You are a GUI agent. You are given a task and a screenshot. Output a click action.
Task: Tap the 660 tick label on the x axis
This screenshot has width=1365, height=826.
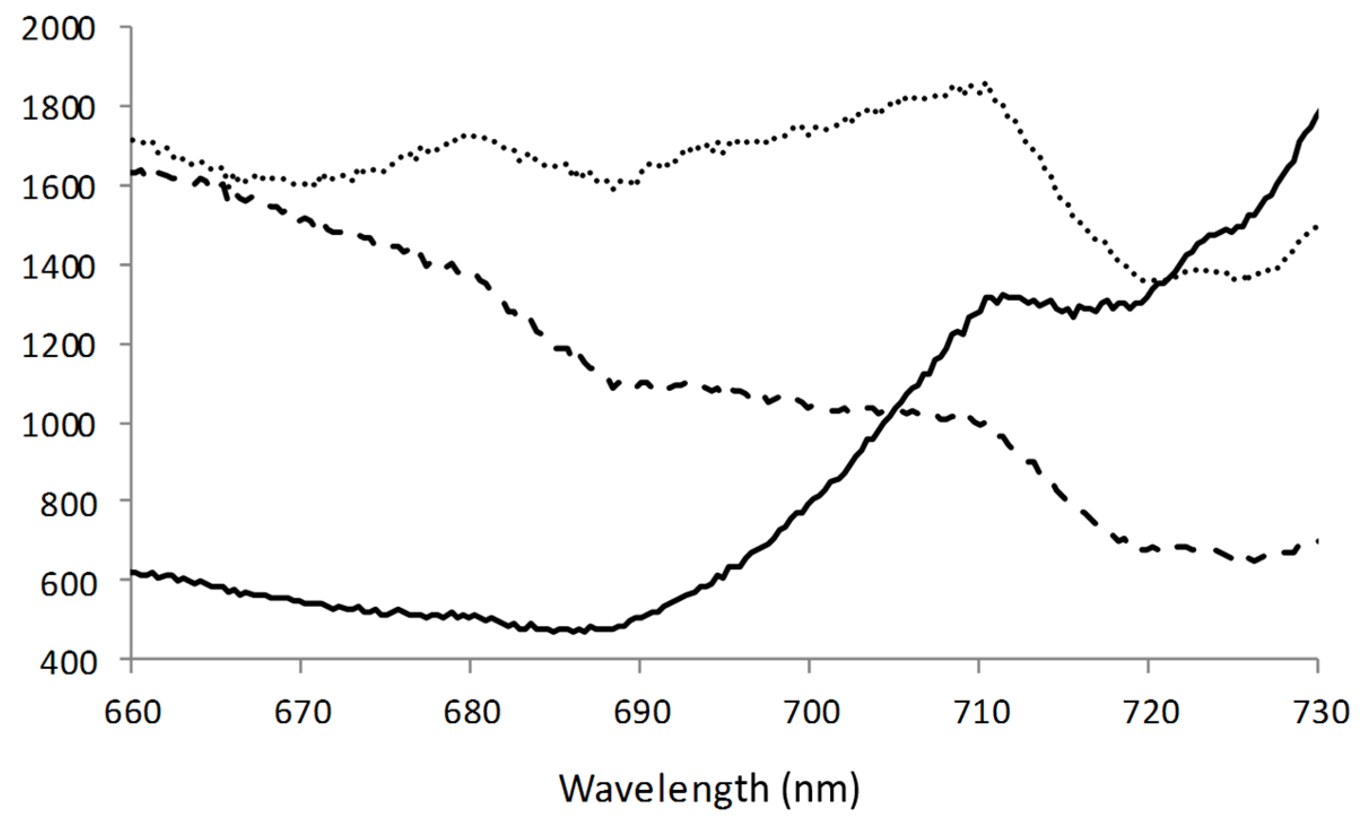(132, 712)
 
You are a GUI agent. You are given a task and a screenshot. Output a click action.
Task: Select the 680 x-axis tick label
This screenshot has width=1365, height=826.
(471, 712)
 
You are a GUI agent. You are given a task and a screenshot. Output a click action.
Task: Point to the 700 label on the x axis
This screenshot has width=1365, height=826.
(810, 712)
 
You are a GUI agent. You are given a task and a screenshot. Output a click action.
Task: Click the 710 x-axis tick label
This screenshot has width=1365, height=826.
(979, 712)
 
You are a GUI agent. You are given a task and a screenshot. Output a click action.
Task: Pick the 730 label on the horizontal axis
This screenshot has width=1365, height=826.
(1319, 712)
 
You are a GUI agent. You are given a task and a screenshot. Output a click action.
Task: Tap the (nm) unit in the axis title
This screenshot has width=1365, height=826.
(822, 789)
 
